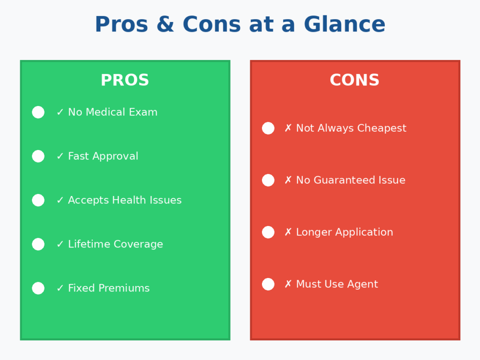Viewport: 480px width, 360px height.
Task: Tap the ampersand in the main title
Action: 165,24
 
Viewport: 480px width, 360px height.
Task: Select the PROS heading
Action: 125,80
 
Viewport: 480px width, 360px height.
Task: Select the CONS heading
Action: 354,80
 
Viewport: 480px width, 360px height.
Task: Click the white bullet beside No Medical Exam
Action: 38,112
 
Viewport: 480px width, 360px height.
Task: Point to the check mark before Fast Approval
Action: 60,156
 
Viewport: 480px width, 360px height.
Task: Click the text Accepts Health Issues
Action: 125,200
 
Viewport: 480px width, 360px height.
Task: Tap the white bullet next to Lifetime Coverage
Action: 38,244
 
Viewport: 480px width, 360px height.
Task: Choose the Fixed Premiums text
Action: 109,288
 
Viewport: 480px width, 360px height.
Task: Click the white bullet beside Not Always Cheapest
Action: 268,128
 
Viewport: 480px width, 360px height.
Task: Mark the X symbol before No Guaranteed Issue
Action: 288,180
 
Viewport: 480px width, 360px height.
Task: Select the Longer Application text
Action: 345,232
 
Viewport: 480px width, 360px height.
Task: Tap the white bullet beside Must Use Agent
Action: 268,284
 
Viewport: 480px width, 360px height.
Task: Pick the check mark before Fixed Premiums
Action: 60,288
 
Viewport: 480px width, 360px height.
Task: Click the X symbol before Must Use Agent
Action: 288,284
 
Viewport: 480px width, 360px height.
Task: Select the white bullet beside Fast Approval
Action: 38,156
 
